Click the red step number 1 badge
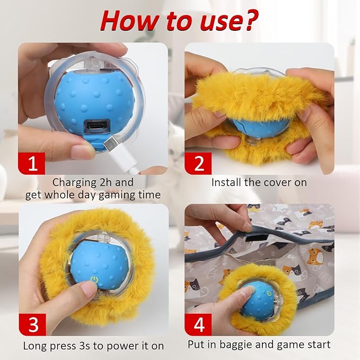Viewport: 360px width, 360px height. point(33,163)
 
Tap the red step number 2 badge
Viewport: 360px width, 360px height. point(198,163)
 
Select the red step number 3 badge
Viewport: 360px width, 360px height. point(33,324)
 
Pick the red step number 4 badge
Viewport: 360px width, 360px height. point(198,324)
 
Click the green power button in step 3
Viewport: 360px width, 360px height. point(93,279)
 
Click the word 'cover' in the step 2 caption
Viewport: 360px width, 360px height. point(275,182)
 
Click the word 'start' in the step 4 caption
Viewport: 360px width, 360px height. point(317,345)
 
